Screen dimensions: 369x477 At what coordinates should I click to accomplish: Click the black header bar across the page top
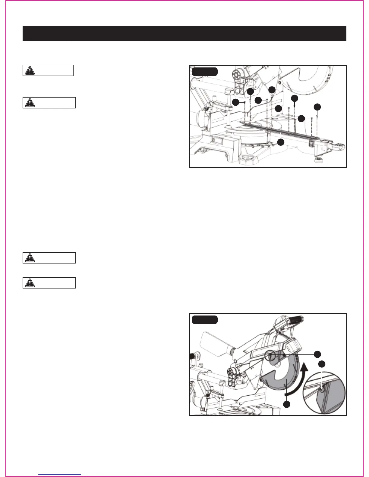(x=184, y=33)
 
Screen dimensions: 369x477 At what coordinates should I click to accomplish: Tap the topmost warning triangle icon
(x=30, y=70)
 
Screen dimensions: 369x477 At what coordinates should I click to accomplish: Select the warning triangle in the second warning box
(x=30, y=103)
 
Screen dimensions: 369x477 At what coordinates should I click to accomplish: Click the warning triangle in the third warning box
(x=30, y=258)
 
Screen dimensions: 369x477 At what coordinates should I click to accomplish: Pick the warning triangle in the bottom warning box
(x=30, y=283)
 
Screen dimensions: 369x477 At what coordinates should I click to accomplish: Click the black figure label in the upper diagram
(x=205, y=71)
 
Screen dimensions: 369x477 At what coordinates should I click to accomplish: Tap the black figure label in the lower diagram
(x=205, y=320)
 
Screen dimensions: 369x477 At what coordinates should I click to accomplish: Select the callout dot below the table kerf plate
(x=281, y=142)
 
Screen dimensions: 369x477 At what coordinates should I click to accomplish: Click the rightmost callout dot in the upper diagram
(x=317, y=107)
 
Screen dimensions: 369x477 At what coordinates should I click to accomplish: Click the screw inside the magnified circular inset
(x=322, y=390)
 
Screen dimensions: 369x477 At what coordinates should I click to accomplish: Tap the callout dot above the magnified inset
(x=322, y=364)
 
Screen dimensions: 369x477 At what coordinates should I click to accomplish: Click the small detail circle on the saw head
(x=270, y=357)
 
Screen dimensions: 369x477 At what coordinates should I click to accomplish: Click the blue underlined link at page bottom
(x=60, y=474)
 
